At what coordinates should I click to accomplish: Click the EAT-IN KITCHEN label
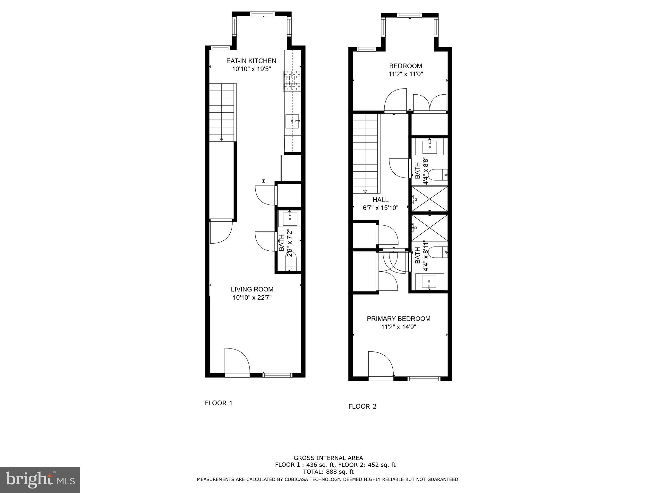tap(251, 61)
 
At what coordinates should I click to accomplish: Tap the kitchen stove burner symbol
tap(292, 80)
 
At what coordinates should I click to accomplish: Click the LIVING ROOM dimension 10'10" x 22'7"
tap(252, 298)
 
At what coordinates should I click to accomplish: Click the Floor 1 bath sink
tap(290, 219)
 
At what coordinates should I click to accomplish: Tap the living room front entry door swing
tap(236, 361)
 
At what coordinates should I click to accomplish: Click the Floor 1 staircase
tap(222, 112)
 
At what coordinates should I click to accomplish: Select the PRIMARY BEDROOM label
tap(398, 319)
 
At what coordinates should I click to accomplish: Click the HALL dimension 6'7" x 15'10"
tap(380, 208)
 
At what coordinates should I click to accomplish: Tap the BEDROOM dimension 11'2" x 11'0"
tap(405, 74)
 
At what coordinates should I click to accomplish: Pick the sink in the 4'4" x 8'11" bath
tap(430, 282)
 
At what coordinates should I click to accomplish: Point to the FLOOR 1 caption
tap(219, 403)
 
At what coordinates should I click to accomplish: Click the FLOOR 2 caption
tap(362, 407)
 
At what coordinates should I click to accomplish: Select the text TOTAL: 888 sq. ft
tap(328, 472)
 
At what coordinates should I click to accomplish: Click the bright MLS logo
tap(40, 480)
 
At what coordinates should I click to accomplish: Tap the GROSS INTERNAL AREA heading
tap(328, 458)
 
